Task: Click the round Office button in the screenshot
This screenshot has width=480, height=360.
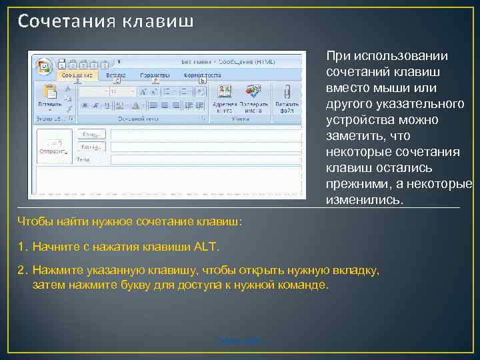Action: point(44,65)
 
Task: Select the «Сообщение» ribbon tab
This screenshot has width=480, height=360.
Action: point(77,75)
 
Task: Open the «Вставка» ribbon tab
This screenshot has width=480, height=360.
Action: point(115,75)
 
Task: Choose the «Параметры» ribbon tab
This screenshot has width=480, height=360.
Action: point(155,75)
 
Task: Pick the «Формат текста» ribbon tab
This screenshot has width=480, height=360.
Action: point(202,75)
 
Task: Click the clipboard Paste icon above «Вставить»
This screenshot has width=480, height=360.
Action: point(49,92)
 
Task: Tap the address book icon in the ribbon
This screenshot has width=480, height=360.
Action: point(224,91)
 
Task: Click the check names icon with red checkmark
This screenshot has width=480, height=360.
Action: point(253,91)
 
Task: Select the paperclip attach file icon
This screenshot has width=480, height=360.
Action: point(287,91)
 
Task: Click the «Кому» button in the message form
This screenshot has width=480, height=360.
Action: point(91,134)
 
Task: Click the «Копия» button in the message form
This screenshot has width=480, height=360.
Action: point(91,146)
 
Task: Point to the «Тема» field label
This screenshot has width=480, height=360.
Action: point(83,160)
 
